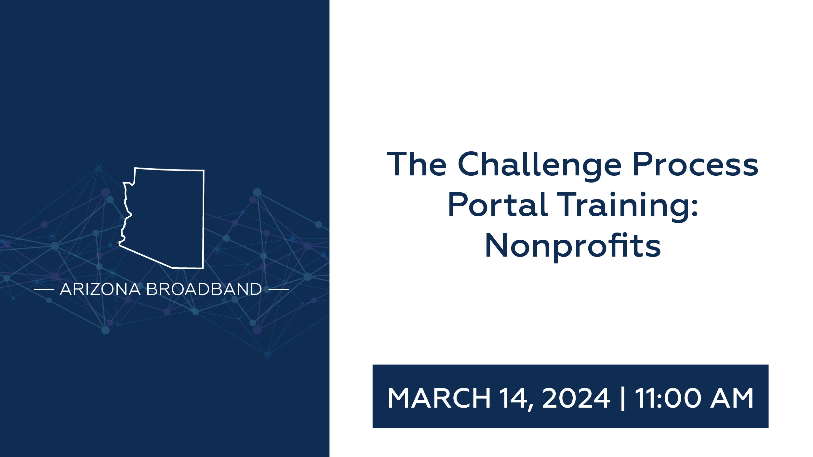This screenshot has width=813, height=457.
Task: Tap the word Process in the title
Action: [696, 164]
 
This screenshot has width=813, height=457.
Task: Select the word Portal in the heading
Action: [498, 205]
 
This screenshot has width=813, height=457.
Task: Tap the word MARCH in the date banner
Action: [439, 398]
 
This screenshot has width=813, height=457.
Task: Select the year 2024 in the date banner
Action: [576, 398]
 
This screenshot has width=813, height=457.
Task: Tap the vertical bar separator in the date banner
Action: [623, 398]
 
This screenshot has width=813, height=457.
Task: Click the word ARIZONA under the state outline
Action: [100, 289]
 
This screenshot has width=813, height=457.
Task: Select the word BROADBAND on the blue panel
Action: [204, 289]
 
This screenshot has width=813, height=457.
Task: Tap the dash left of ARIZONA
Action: [44, 289]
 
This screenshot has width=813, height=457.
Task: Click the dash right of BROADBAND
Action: [279, 289]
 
